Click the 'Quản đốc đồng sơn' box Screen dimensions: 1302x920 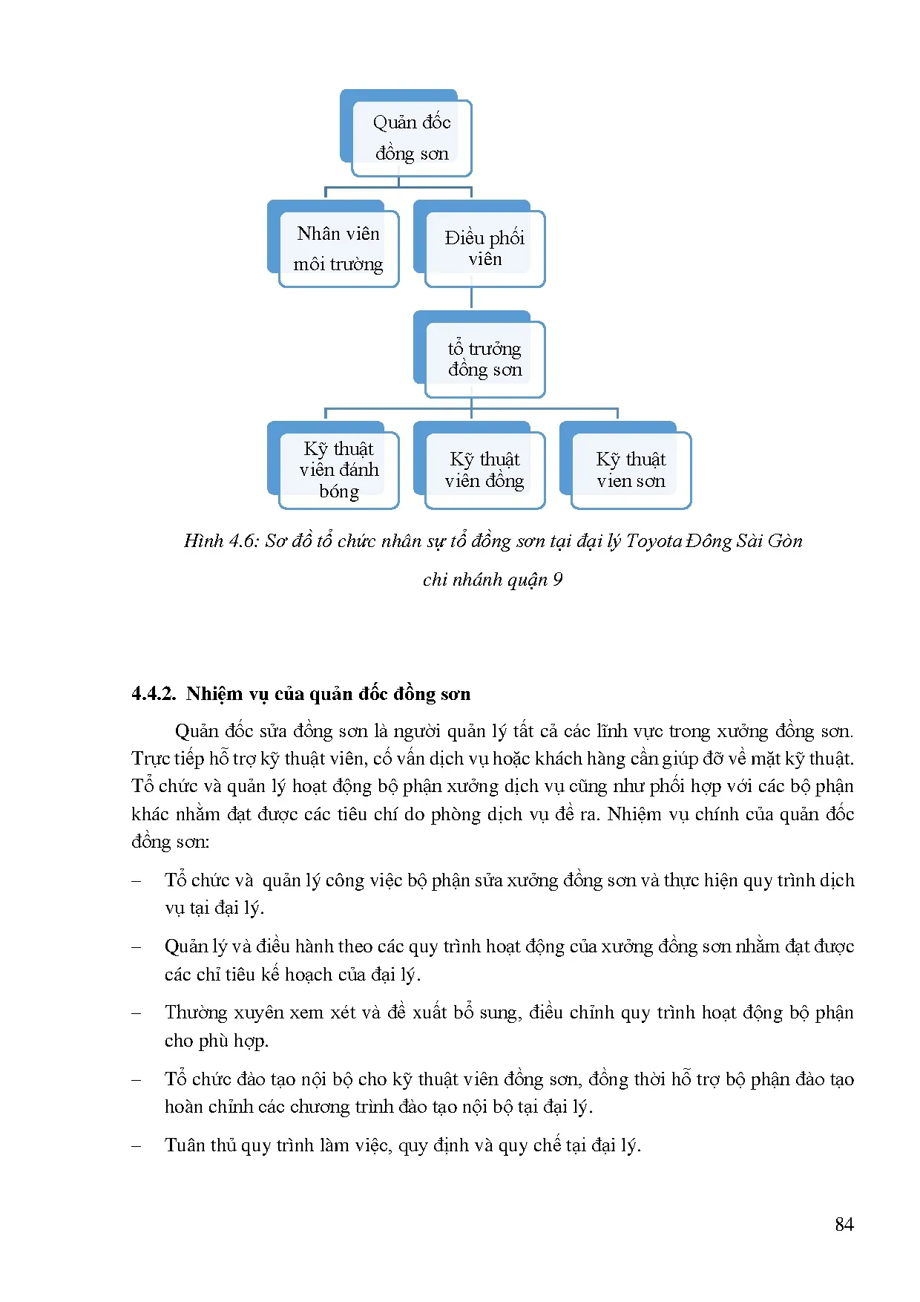pyautogui.click(x=411, y=137)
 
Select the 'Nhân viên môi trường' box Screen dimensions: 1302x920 pyautogui.click(x=338, y=249)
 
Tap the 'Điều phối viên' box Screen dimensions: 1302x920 pyautogui.click(x=484, y=249)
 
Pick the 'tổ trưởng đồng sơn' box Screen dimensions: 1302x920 pyautogui.click(x=484, y=359)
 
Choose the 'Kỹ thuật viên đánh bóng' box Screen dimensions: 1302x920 pyautogui.click(x=338, y=470)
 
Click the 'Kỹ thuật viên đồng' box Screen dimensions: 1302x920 pyautogui.click(x=484, y=470)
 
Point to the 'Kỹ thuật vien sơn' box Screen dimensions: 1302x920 pyautogui.click(x=631, y=470)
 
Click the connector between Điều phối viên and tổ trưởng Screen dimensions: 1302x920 pyautogui.click(x=472, y=298)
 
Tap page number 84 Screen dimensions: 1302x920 pyautogui.click(x=844, y=1224)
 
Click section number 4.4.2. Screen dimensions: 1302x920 pyautogui.click(x=154, y=693)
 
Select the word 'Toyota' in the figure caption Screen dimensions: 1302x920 pyautogui.click(x=654, y=541)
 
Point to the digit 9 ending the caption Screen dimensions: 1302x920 pyautogui.click(x=558, y=580)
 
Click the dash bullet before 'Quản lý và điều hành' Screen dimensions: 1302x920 pyautogui.click(x=136, y=947)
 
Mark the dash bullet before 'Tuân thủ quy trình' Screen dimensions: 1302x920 pyautogui.click(x=136, y=1146)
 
